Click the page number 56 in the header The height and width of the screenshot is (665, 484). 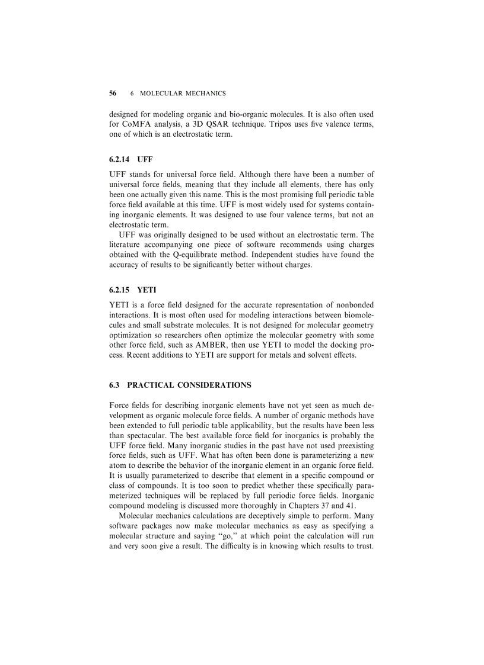(x=113, y=94)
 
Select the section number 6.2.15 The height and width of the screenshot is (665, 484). (x=121, y=291)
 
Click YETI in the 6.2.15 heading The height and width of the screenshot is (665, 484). (x=147, y=291)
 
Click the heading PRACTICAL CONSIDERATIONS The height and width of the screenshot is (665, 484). (x=189, y=385)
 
